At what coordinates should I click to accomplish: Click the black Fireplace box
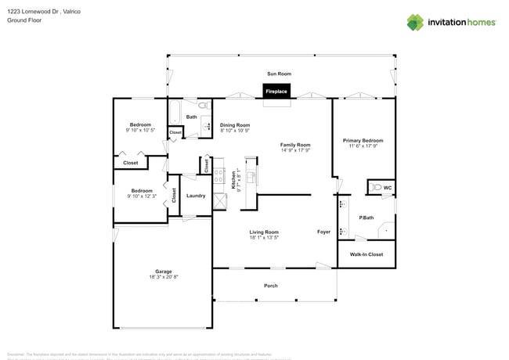pyautogui.click(x=276, y=92)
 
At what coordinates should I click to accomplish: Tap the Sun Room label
pyautogui.click(x=279, y=74)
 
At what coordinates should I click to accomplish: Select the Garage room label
pyautogui.click(x=163, y=272)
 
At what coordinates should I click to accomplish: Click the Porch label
pyautogui.click(x=270, y=286)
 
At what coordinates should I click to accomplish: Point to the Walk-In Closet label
pyautogui.click(x=366, y=254)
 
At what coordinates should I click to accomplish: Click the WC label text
pyautogui.click(x=388, y=188)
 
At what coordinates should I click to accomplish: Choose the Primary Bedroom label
pyautogui.click(x=363, y=140)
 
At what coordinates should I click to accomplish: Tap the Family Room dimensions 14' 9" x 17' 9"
pyautogui.click(x=296, y=150)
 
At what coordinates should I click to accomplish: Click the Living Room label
pyautogui.click(x=264, y=232)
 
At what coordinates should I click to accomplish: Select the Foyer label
pyautogui.click(x=323, y=232)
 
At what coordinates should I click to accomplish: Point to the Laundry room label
pyautogui.click(x=196, y=196)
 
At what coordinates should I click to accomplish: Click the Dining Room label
pyautogui.click(x=235, y=124)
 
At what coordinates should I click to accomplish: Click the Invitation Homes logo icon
pyautogui.click(x=414, y=22)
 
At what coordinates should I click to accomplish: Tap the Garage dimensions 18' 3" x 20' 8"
pyautogui.click(x=163, y=277)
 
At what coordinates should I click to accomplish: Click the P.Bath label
pyautogui.click(x=366, y=218)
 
